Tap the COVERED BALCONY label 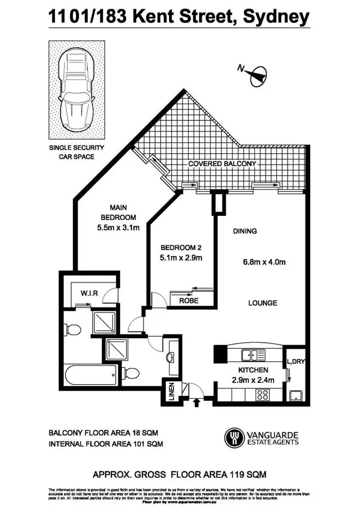pos(222,164)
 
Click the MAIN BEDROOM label pos(118,213)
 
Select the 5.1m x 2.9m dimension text pos(181,258)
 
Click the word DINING pos(245,231)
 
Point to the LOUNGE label pos(263,303)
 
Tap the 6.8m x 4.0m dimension pos(264,262)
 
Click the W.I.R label pos(89,293)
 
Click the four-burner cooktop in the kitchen pos(263,395)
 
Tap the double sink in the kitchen pos(253,355)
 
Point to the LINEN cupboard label pos(170,391)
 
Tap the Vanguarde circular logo pos(234,437)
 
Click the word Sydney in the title pos(277,17)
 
